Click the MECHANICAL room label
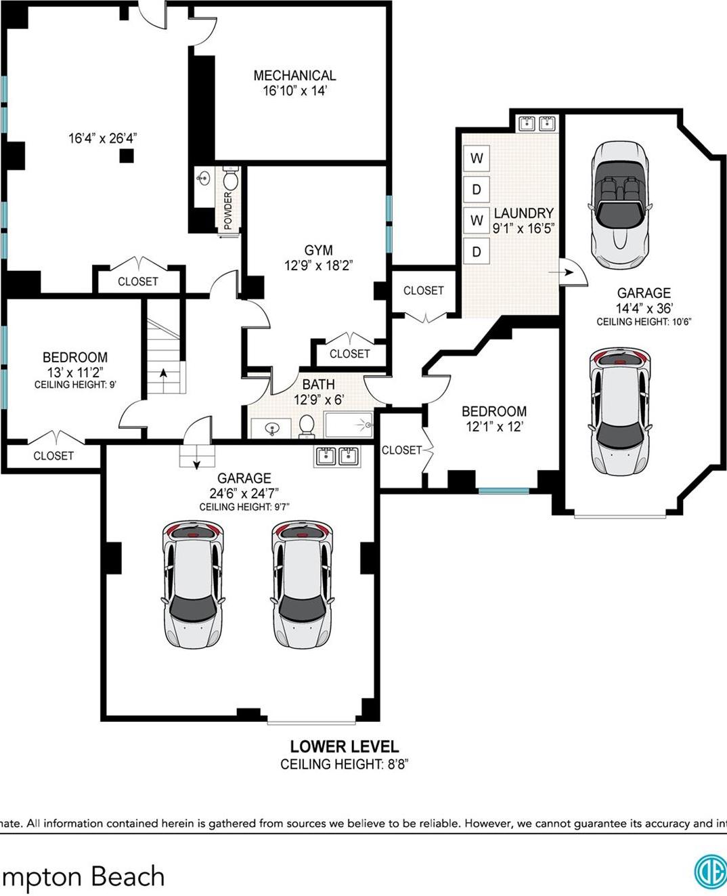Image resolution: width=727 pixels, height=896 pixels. [x=294, y=76]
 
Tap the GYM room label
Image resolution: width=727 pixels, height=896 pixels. [x=318, y=250]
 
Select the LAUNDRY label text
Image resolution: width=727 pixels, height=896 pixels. [x=523, y=213]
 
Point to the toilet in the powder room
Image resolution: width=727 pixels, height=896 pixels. [x=231, y=180]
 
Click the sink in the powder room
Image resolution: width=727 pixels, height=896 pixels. [x=203, y=179]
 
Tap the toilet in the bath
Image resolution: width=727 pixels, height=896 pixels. [x=306, y=425]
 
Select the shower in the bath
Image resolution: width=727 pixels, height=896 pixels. [x=349, y=425]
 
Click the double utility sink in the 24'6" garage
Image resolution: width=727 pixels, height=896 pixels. [x=337, y=456]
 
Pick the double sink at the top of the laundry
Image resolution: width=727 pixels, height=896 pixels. [x=537, y=123]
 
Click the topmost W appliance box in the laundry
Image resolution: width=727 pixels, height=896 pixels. [x=477, y=158]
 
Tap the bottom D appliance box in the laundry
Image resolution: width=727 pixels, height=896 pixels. [x=477, y=252]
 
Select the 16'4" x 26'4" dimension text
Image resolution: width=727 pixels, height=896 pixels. [x=103, y=138]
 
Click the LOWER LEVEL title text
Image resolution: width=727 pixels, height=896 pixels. [x=345, y=746]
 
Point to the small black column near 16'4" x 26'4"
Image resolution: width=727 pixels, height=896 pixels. [x=127, y=156]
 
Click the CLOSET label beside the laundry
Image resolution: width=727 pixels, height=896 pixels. [x=424, y=291]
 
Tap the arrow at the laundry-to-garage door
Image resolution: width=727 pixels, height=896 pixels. [x=561, y=273]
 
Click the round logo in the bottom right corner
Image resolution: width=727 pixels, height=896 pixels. [x=711, y=872]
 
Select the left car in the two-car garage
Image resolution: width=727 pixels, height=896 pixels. [x=193, y=584]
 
